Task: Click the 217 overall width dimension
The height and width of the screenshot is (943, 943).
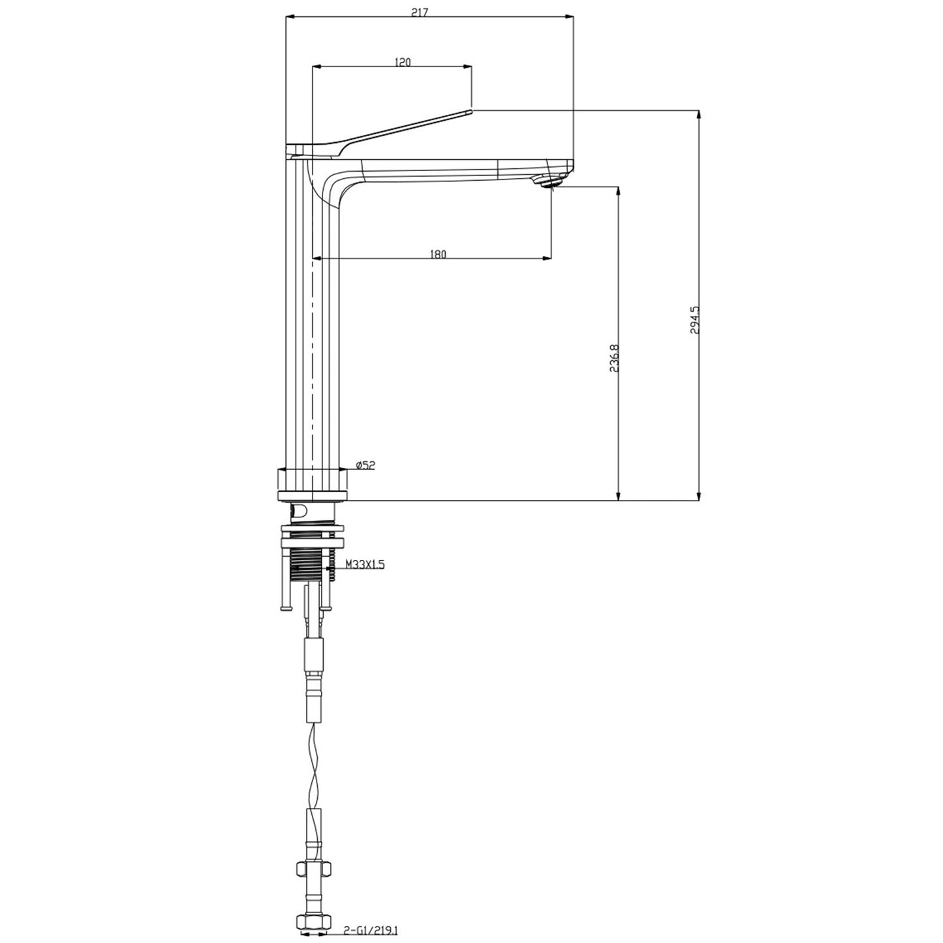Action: pyautogui.click(x=429, y=12)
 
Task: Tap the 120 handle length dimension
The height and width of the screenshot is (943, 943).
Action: pyautogui.click(x=403, y=62)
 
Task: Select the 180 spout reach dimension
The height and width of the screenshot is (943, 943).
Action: pyautogui.click(x=439, y=255)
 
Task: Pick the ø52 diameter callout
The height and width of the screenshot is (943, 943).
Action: pyautogui.click(x=365, y=465)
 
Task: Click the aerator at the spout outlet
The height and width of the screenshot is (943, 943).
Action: pyautogui.click(x=549, y=181)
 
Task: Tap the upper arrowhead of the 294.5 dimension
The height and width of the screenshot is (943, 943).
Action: pyautogui.click(x=699, y=115)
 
